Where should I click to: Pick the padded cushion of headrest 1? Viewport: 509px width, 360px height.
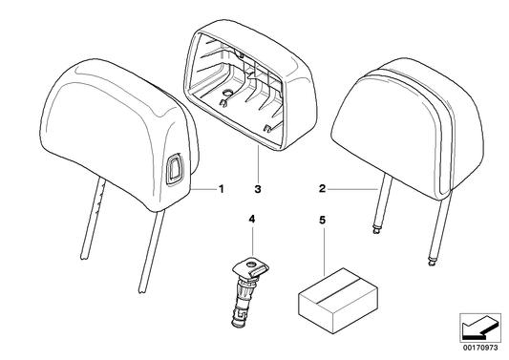click(x=115, y=124)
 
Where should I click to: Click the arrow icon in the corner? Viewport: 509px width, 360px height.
click(x=477, y=330)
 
